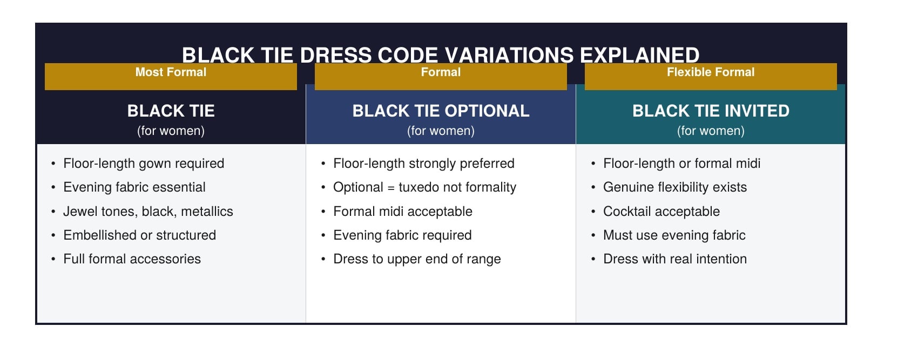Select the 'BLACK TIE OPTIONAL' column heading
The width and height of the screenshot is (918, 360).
(x=441, y=111)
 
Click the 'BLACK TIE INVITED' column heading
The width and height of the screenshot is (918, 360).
(x=711, y=111)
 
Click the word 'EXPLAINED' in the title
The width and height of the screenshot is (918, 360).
(x=639, y=55)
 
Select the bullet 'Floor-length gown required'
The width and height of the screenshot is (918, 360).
(x=144, y=164)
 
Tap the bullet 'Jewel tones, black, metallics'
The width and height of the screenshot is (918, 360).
(x=148, y=212)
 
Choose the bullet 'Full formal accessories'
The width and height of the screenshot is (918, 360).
(x=132, y=259)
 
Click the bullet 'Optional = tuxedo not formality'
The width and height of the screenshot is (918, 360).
(x=424, y=187)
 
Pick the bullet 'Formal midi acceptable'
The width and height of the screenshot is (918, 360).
(x=403, y=212)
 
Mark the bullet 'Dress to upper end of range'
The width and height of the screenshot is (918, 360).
(x=417, y=259)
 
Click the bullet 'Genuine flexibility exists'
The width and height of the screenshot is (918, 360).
(x=675, y=187)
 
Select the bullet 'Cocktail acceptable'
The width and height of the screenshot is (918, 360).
(x=661, y=212)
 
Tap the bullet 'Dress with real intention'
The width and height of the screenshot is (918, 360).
(x=675, y=259)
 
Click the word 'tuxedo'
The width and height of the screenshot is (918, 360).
(x=418, y=187)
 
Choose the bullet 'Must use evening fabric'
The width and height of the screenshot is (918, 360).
(x=674, y=235)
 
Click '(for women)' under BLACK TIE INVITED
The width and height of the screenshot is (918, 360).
(x=711, y=131)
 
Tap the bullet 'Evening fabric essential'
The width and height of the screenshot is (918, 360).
(x=134, y=187)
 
